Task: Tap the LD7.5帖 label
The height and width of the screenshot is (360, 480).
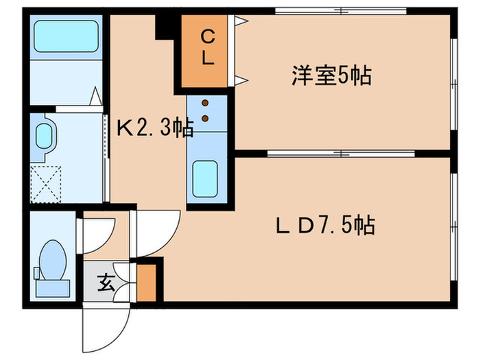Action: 326,224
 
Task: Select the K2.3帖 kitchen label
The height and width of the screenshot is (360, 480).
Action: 154,128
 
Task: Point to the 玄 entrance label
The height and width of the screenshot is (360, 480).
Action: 105,282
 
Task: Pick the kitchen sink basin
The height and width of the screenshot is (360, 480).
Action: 205,176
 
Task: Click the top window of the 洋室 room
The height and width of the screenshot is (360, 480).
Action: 341,11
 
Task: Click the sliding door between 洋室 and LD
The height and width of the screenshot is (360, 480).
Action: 341,153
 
